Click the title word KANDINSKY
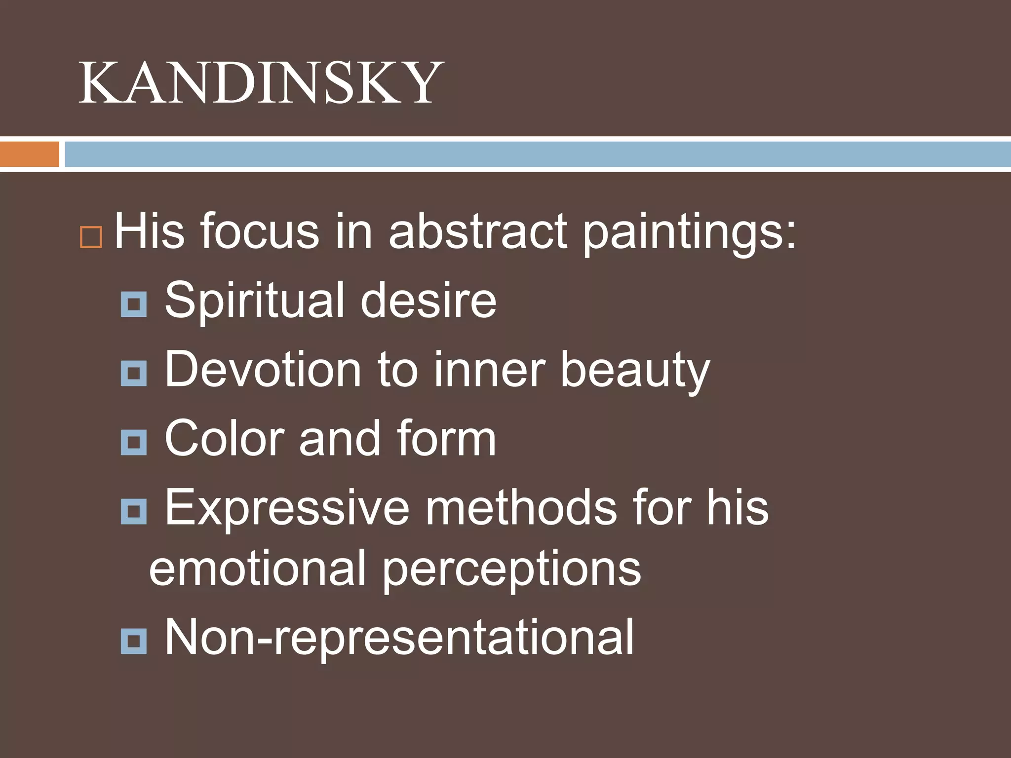[261, 82]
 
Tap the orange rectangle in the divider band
[30, 154]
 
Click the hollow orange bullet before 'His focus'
[91, 237]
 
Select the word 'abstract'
[478, 231]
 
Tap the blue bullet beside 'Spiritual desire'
[134, 303]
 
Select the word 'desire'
[428, 300]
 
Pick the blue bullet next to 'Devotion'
[134, 373]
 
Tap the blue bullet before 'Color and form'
[134, 442]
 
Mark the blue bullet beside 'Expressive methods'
[134, 511]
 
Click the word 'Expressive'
[287, 508]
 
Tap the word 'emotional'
[257, 568]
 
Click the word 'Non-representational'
[399, 638]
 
